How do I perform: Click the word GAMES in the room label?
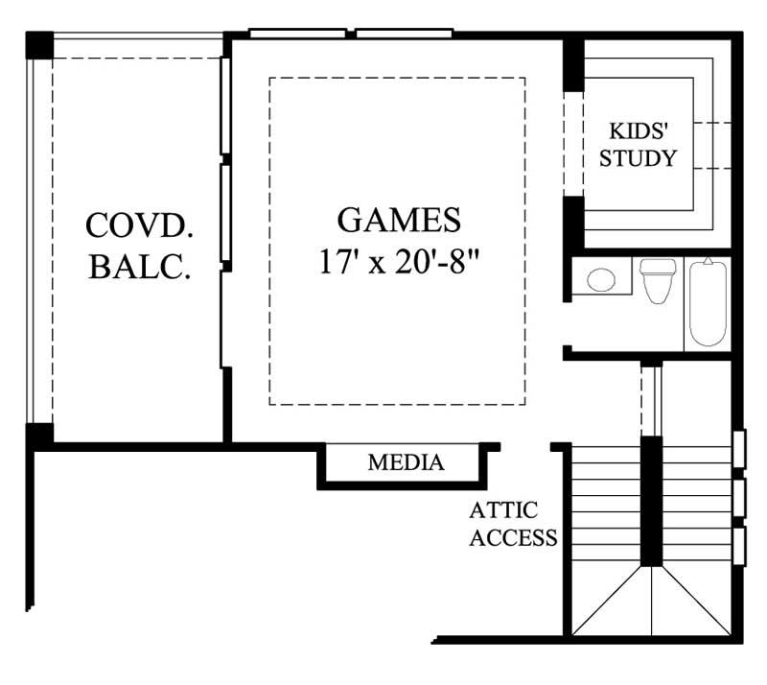point(399,220)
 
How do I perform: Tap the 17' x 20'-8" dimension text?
point(399,262)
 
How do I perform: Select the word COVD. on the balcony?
point(140,225)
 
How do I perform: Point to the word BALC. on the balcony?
point(140,266)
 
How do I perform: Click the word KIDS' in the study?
point(638,131)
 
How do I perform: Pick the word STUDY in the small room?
point(638,158)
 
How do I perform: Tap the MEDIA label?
point(406,463)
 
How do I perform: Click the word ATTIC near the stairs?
point(504,509)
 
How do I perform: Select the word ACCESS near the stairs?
point(513,537)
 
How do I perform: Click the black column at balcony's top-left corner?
point(38,45)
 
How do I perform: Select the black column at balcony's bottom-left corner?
point(38,435)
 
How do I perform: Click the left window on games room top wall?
point(296,34)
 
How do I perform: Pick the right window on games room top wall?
point(404,34)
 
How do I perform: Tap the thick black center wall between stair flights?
point(651,499)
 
